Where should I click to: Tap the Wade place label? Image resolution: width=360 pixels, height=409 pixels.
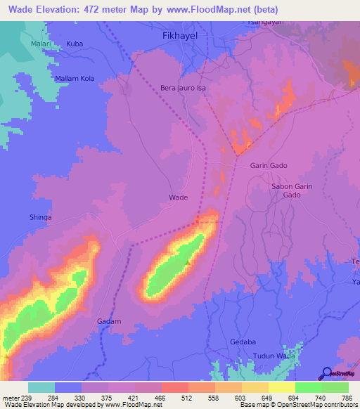179,197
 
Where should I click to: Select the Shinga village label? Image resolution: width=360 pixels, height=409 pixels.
40,218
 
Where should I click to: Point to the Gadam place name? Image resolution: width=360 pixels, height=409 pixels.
109,321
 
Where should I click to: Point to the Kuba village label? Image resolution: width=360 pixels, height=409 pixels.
75,44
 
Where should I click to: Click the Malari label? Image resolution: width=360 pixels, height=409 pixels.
40,44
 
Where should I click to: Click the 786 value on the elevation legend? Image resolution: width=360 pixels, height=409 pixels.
346,397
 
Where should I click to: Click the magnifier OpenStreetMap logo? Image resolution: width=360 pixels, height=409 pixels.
326,373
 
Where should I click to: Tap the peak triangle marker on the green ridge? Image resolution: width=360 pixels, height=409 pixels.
188,263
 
